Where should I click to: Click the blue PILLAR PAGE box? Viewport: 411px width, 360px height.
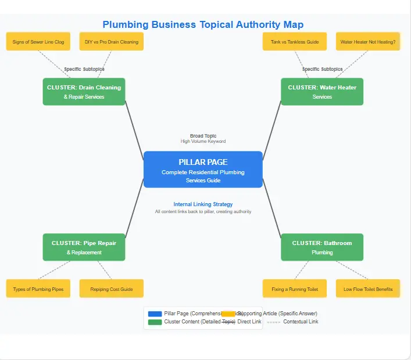pos(203,169)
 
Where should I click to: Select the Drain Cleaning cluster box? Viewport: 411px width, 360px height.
pos(84,92)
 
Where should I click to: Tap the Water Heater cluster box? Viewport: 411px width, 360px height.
pos(322,92)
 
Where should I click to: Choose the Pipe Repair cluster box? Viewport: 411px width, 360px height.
pos(84,247)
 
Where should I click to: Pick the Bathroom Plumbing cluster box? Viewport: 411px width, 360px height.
pos(322,247)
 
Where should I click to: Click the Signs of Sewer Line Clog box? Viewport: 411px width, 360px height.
pos(38,42)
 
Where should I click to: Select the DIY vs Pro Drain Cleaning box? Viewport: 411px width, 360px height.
pos(111,42)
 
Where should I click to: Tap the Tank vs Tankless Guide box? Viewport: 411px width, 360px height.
pos(295,42)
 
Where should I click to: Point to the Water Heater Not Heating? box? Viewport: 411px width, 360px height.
pos(368,42)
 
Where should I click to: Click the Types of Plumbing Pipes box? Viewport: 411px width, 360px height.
pos(38,289)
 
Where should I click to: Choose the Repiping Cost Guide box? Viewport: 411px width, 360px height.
pos(111,289)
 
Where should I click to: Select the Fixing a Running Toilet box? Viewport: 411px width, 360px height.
pos(295,289)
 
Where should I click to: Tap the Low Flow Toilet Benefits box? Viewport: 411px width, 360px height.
pos(368,289)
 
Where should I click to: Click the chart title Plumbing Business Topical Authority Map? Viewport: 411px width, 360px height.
pos(203,24)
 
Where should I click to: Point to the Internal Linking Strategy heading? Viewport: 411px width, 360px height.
pos(203,204)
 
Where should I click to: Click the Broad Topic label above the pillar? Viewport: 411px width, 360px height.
pos(203,136)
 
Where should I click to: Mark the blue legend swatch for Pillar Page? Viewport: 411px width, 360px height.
pos(155,314)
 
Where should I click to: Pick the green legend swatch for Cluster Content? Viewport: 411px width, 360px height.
pos(155,322)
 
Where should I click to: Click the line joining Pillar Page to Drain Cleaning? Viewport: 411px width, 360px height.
pos(134,131)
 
